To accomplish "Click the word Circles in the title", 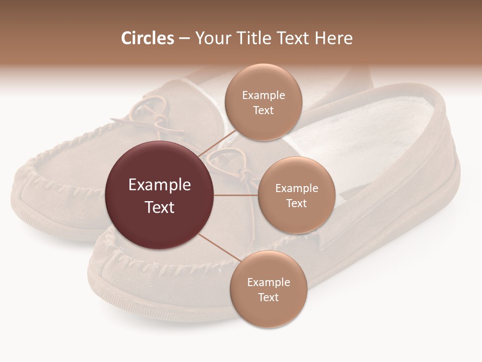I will point(148,38).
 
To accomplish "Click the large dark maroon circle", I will point(160,195).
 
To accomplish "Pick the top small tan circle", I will point(263,102).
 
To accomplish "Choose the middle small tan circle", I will point(296,195).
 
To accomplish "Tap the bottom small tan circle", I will point(268,289).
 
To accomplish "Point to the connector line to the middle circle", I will point(236,195).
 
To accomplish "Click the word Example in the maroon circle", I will point(160,185).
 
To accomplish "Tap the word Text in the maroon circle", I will point(160,207).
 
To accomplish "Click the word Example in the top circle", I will point(263,95).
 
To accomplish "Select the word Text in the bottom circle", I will point(268,297).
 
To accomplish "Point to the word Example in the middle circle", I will point(296,188).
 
